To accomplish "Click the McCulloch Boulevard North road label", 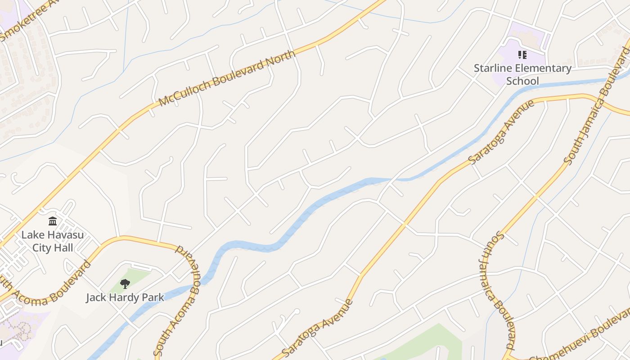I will click(x=227, y=78).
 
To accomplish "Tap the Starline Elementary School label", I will click(x=522, y=75).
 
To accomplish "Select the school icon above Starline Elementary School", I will click(x=522, y=55).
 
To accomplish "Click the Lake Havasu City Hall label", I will click(x=53, y=241).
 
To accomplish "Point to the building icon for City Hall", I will click(x=53, y=221).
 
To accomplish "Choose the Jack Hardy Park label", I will click(x=125, y=297).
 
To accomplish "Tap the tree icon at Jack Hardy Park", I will click(x=125, y=283).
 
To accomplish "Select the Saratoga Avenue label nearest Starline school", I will click(x=501, y=131).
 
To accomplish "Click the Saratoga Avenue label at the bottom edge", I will click(x=317, y=327).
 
